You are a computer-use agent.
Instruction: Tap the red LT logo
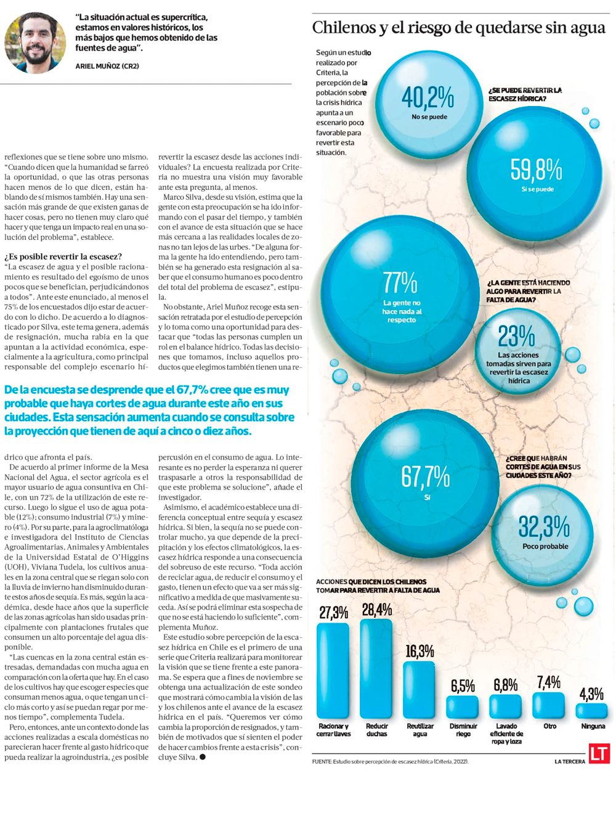click(x=599, y=753)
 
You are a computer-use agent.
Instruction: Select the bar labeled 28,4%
click(x=376, y=669)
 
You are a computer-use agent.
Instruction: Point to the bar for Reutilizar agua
click(x=419, y=690)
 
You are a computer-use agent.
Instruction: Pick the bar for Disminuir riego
click(x=463, y=707)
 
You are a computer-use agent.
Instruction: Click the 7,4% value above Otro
click(x=548, y=682)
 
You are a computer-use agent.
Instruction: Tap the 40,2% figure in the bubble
click(x=428, y=97)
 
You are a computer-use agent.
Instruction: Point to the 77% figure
click(x=400, y=283)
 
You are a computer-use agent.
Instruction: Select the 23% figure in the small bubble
click(x=516, y=337)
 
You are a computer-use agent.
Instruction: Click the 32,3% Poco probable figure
click(x=544, y=527)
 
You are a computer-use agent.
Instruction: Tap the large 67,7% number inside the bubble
click(x=426, y=477)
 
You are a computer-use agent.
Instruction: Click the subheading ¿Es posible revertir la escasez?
click(x=63, y=256)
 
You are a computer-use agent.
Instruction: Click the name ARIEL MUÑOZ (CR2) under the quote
click(x=107, y=66)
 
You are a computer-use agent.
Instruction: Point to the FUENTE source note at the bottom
click(x=390, y=762)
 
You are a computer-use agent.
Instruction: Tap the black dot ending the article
click(x=202, y=757)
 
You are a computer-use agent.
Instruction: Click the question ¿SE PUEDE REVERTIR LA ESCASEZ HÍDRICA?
click(x=525, y=94)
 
